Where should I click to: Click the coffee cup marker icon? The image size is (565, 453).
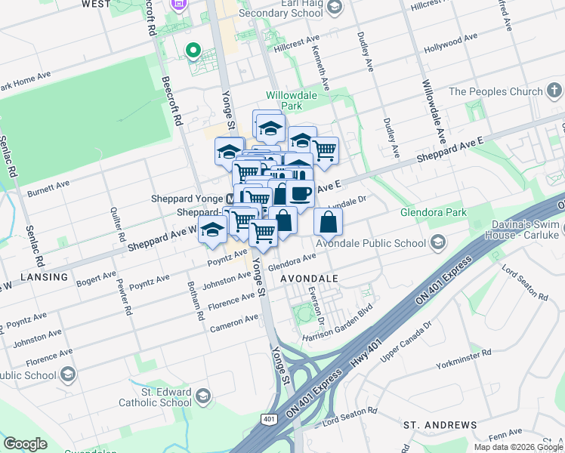[301, 194]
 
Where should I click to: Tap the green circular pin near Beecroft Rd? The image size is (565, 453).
[193, 51]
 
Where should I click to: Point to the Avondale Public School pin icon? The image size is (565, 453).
[437, 243]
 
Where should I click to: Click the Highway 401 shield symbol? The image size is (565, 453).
[269, 418]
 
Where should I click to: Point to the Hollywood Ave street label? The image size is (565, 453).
[451, 42]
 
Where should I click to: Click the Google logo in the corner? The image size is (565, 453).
[25, 444]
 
